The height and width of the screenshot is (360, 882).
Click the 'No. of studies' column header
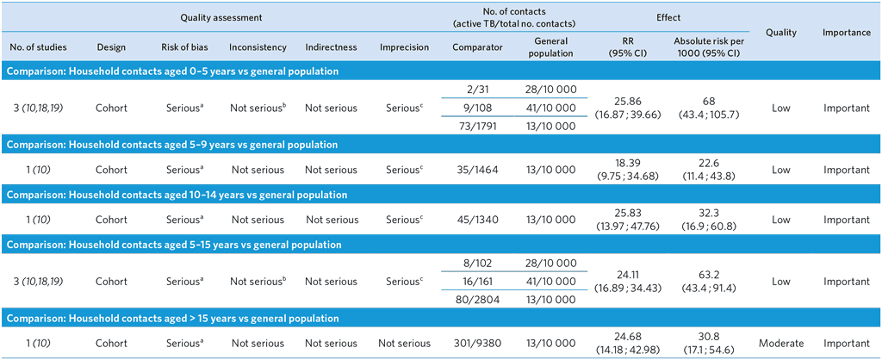pyautogui.click(x=37, y=47)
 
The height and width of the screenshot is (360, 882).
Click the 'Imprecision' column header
pyautogui.click(x=404, y=47)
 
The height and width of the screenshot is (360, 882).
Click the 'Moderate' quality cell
pyautogui.click(x=781, y=344)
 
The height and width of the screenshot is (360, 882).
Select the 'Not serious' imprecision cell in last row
pyautogui.click(x=404, y=344)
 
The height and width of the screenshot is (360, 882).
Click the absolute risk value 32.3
pyautogui.click(x=710, y=214)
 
